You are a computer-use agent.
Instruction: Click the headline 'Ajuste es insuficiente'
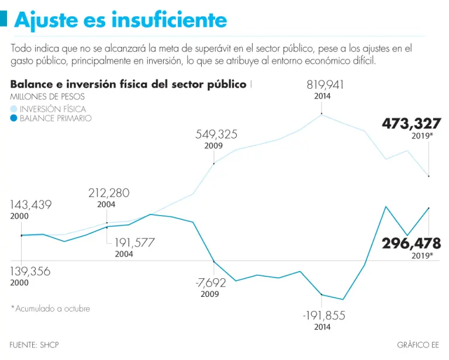coord(120,20)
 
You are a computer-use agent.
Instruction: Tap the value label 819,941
coord(326,85)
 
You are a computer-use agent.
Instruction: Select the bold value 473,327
coord(411,124)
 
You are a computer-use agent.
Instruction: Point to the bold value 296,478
coord(411,243)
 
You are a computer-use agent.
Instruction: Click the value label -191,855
coord(324,316)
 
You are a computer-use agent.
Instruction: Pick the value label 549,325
coord(216,134)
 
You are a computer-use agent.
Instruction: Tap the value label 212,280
coord(109,193)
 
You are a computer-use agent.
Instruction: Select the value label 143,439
coord(31,205)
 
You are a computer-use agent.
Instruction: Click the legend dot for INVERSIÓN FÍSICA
coord(14,109)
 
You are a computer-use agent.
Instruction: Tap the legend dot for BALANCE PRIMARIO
coord(14,119)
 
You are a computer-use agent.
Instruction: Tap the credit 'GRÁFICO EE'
coord(417,345)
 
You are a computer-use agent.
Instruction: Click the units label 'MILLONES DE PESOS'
coord(47,96)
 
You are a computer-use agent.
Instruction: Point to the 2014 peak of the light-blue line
coord(322,115)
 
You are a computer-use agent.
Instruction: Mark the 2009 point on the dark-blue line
coord(214,261)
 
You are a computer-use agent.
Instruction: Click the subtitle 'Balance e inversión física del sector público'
coord(128,84)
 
